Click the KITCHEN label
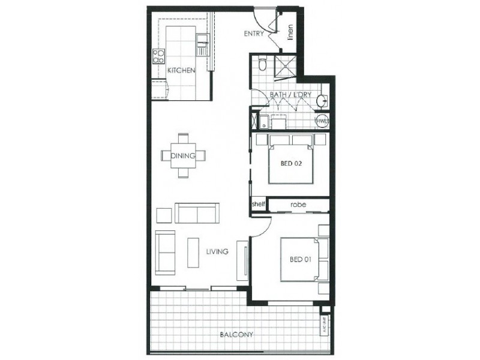pyautogui.click(x=181, y=71)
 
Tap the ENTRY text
pyautogui.click(x=253, y=34)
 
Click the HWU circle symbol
pyautogui.click(x=322, y=120)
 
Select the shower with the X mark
pyautogui.click(x=286, y=67)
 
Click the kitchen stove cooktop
pyautogui.click(x=159, y=57)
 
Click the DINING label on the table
pyautogui.click(x=183, y=155)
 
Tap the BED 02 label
pyautogui.click(x=291, y=162)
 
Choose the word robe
pyautogui.click(x=298, y=205)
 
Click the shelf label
pyautogui.click(x=258, y=205)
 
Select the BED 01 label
pyautogui.click(x=299, y=259)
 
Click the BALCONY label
pyautogui.click(x=235, y=335)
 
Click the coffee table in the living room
pyautogui.click(x=193, y=253)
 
